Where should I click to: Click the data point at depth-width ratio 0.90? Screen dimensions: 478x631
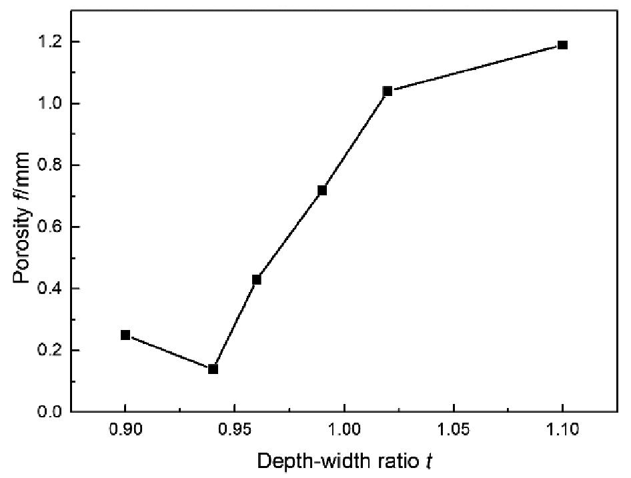(x=125, y=335)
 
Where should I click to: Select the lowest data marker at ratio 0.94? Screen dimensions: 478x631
(x=213, y=369)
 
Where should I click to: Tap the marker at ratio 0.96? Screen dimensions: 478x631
(x=257, y=279)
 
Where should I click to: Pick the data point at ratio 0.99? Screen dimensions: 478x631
(x=322, y=190)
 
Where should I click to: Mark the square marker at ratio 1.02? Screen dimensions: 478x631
(x=388, y=91)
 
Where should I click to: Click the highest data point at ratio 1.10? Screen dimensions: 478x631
(x=562, y=45)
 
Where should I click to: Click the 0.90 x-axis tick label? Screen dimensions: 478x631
(x=125, y=430)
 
